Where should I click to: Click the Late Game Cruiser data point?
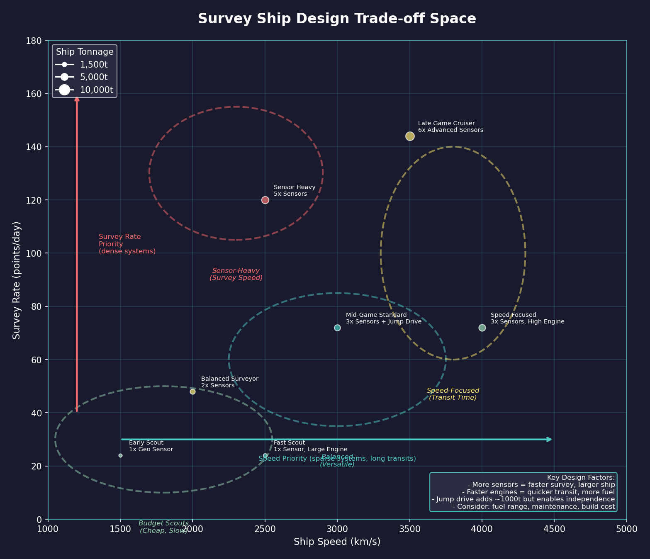(x=410, y=136)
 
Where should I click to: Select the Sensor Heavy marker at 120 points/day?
(x=265, y=200)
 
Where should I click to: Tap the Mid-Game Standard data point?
(x=337, y=328)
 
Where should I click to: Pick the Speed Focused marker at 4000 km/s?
(x=482, y=328)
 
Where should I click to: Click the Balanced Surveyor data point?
(x=192, y=391)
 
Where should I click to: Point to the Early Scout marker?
(x=120, y=455)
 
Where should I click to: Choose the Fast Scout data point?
(x=265, y=455)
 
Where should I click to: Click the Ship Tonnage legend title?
(x=85, y=52)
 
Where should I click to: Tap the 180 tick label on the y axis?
(x=35, y=41)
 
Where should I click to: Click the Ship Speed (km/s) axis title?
(x=337, y=542)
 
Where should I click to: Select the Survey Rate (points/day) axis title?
(x=17, y=280)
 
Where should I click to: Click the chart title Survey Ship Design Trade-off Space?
(x=337, y=19)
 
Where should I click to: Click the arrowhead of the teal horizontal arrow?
(x=549, y=439)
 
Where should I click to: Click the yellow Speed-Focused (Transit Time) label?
(x=453, y=394)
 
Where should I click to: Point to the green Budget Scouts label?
(x=163, y=527)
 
